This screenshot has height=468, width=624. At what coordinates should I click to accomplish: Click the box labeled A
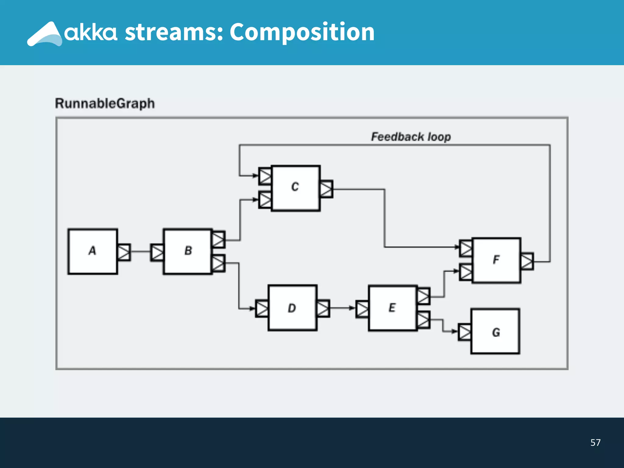(x=93, y=251)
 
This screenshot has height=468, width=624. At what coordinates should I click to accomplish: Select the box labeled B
(x=188, y=251)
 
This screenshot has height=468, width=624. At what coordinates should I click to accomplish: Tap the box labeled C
(x=296, y=188)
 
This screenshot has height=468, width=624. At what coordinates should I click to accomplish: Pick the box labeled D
(x=292, y=308)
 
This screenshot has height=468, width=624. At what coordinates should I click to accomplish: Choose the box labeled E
(x=392, y=308)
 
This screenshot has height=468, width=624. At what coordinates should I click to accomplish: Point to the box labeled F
(x=496, y=260)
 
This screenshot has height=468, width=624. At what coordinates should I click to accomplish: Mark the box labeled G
(x=495, y=331)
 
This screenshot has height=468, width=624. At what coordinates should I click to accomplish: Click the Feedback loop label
(x=411, y=137)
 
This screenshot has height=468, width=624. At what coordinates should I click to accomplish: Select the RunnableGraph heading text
(x=105, y=104)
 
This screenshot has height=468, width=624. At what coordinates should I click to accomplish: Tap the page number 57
(x=595, y=442)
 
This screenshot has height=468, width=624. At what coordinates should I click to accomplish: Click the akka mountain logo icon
(x=45, y=34)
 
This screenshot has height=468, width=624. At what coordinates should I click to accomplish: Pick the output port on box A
(x=124, y=252)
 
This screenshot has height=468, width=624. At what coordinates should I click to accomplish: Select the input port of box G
(x=465, y=332)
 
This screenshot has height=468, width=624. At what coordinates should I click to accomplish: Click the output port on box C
(x=326, y=189)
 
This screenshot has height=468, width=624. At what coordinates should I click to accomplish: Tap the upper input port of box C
(x=265, y=176)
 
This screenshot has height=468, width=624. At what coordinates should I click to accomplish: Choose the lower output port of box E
(x=424, y=320)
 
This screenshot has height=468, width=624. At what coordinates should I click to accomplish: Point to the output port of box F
(x=527, y=261)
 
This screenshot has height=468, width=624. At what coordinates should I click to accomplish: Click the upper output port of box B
(x=218, y=239)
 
